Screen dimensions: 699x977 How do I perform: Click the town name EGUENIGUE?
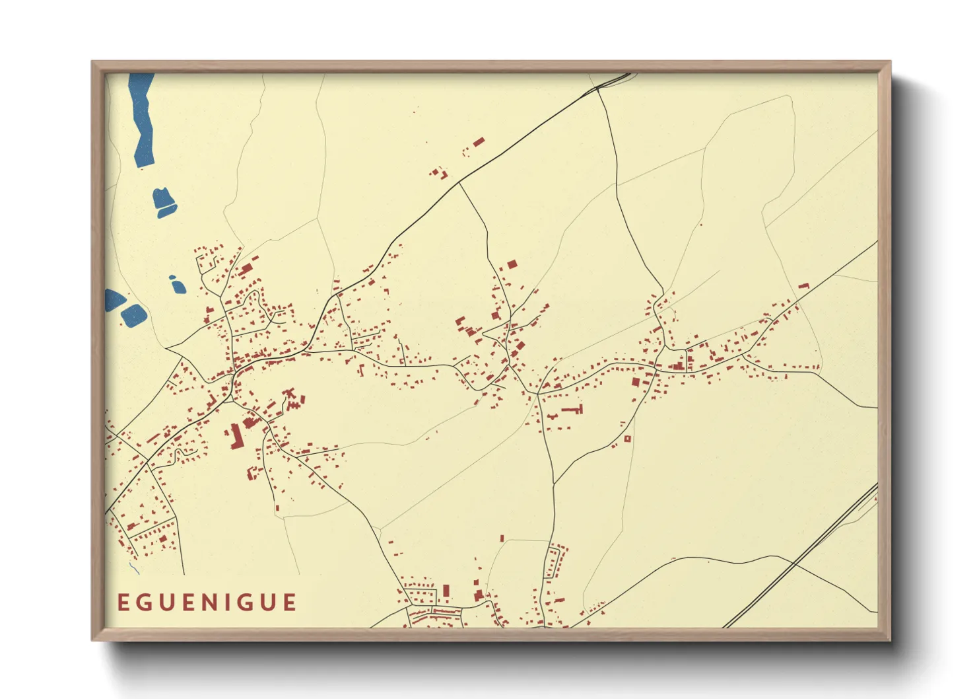207,603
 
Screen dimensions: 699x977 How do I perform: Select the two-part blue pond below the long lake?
164,202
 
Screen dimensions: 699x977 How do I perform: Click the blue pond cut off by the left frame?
113,299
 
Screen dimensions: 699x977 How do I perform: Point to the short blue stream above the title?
134,568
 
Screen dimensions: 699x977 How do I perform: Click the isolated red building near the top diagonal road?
479,141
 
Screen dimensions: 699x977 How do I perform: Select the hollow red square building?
627,438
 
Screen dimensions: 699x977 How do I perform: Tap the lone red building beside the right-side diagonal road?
803,286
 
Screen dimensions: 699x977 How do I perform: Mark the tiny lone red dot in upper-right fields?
701,225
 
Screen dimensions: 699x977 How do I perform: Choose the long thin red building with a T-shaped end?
572,410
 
